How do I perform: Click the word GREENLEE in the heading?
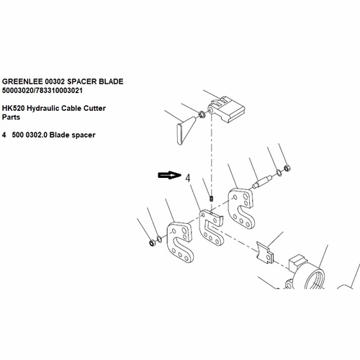click(x=22, y=81)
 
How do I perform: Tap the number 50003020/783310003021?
click(x=42, y=91)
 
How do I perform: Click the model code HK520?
click(x=13, y=108)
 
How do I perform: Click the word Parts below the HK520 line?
click(x=11, y=117)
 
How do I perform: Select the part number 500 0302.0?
click(x=30, y=135)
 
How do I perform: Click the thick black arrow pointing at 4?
click(x=169, y=175)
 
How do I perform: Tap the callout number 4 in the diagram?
click(x=188, y=178)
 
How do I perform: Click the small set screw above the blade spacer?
click(x=212, y=199)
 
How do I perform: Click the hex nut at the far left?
click(x=152, y=243)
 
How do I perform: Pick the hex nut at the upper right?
click(x=287, y=168)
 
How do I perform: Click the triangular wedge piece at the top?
click(x=186, y=130)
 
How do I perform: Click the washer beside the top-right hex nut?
click(x=279, y=172)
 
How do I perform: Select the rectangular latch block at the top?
click(x=226, y=109)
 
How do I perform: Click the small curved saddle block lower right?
click(x=265, y=253)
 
